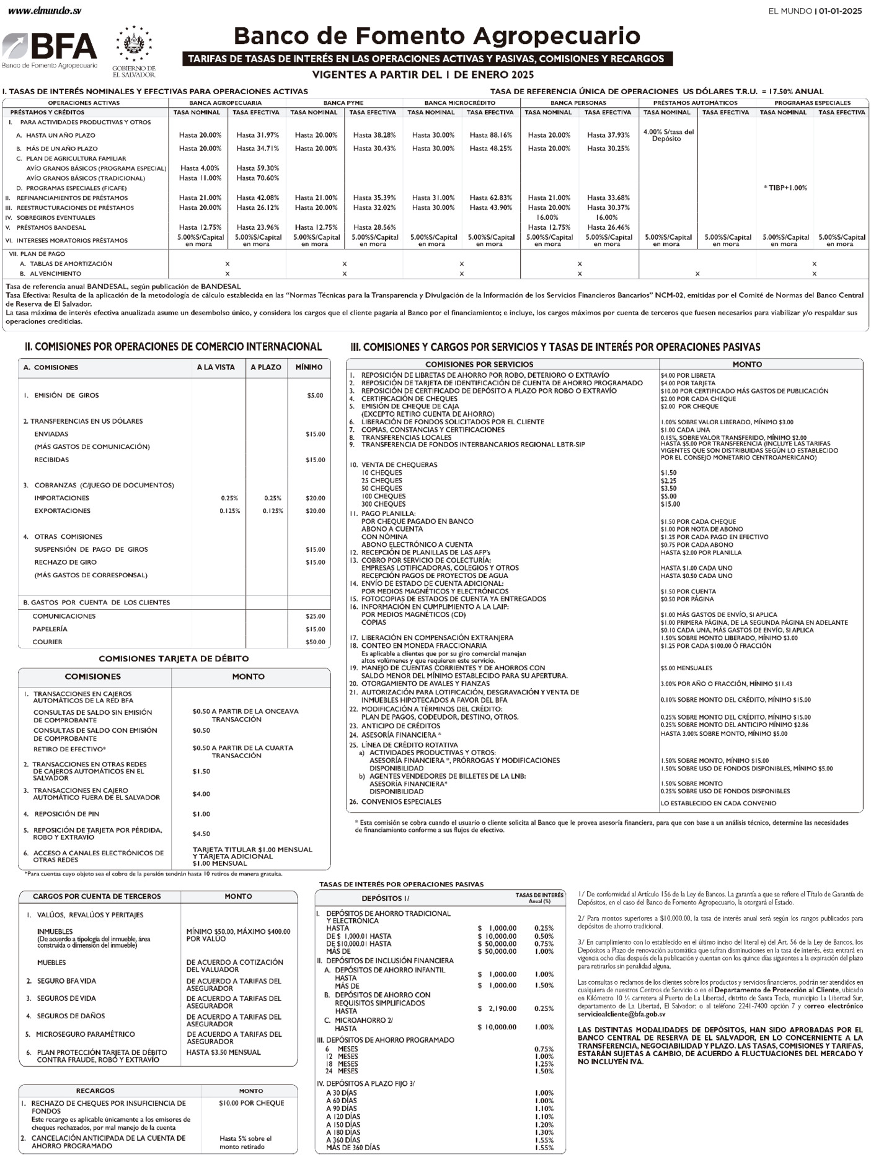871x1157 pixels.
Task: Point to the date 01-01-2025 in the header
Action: pos(840,11)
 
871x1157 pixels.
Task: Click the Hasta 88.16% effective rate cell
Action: pos(490,135)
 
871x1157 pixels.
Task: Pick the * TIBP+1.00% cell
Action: pos(785,188)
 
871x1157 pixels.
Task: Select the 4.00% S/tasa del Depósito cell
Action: pos(668,135)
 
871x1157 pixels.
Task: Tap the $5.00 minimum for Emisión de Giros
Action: pos(315,395)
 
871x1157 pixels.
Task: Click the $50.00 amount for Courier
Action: pos(315,642)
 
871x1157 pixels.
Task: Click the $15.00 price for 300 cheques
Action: pos(670,504)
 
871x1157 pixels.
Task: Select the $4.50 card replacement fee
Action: pos(201,834)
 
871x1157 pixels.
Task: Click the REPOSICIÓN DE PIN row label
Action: pos(66,814)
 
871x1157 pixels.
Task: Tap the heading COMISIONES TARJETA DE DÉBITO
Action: pos(174,658)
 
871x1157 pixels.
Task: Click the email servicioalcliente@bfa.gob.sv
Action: pos(621,1014)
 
